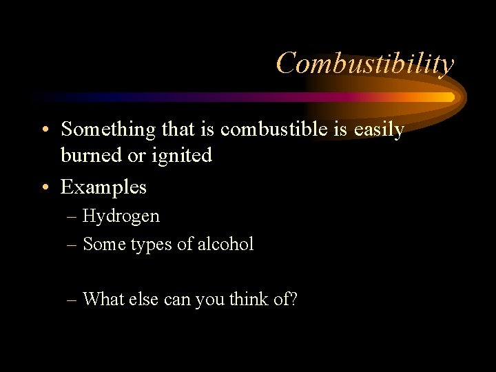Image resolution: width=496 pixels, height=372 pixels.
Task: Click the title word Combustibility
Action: click(x=365, y=63)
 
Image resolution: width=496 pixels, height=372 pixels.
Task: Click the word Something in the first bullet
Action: click(x=99, y=130)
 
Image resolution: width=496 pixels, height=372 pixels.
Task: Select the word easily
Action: click(x=380, y=130)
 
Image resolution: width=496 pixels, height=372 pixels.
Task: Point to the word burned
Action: click(x=85, y=156)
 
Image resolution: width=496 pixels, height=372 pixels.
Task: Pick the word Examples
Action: click(x=103, y=187)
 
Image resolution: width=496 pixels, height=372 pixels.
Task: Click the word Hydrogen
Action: click(x=121, y=216)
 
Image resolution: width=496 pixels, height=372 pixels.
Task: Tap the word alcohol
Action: click(x=227, y=244)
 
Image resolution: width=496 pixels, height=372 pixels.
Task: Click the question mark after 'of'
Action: click(x=293, y=300)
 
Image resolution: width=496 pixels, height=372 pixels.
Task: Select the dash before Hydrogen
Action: click(x=73, y=217)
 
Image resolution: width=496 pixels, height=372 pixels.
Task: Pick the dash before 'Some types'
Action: click(x=73, y=245)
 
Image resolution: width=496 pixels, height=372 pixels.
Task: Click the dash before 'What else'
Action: click(x=73, y=300)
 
